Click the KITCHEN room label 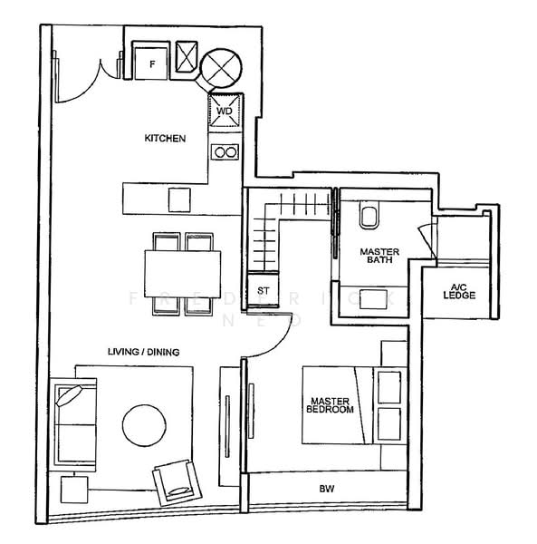(165, 139)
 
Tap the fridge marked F (150, 62)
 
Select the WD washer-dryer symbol (225, 110)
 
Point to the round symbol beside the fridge (220, 66)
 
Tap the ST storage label (264, 291)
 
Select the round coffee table (143, 424)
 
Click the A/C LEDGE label (458, 292)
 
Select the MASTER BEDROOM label (331, 405)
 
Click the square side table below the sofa (74, 491)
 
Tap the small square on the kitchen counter (179, 199)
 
